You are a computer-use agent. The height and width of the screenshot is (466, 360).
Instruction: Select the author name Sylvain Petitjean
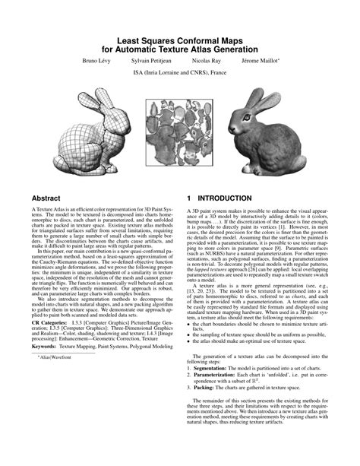point(152,59)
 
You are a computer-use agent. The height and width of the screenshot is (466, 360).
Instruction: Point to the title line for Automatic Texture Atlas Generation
point(180,46)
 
